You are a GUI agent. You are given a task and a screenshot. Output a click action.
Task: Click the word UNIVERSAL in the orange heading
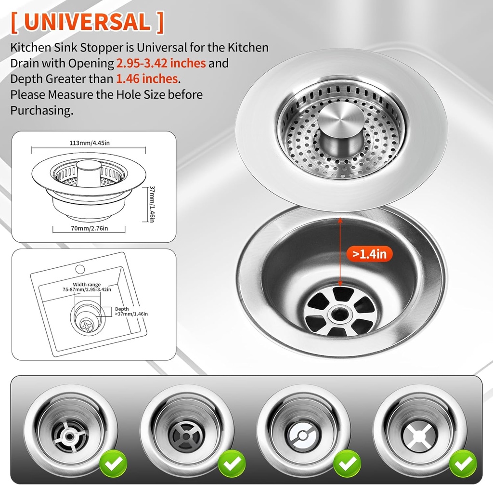tap(87, 22)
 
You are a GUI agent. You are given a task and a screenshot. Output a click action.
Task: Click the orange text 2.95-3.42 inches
tap(161, 63)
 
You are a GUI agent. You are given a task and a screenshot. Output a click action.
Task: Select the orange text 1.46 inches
tap(147, 79)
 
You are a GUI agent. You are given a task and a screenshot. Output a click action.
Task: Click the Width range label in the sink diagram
tap(87, 285)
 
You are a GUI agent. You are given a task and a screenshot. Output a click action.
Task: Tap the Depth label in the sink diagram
tap(122, 309)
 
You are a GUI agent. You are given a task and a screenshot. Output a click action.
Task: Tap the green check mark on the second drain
tap(232, 463)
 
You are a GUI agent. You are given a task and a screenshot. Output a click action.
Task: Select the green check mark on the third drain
tap(348, 463)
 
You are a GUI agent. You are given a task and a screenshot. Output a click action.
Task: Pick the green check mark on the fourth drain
tap(463, 463)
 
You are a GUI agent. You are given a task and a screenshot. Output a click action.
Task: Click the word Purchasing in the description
tap(41, 110)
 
